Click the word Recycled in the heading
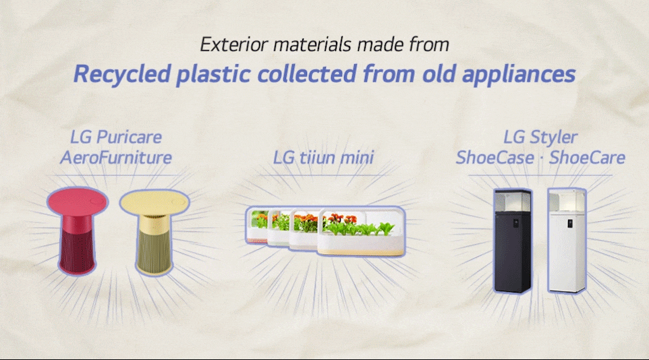coord(122,74)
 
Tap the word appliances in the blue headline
coord(519,75)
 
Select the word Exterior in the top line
coord(234,44)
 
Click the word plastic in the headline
coord(214,75)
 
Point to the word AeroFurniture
coord(116,158)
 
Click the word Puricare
coord(129,138)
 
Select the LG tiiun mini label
coord(323,158)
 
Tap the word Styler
coord(553,138)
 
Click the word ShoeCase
coord(495,158)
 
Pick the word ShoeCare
coord(588,158)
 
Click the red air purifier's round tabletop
coord(78,201)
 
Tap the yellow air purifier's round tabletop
coord(154,202)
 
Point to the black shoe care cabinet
coord(513,241)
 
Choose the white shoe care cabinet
coord(567,241)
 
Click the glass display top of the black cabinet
coord(513,201)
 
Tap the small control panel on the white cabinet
coord(570,223)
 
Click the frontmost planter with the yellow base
coord(361,233)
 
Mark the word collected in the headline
coord(307,74)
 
